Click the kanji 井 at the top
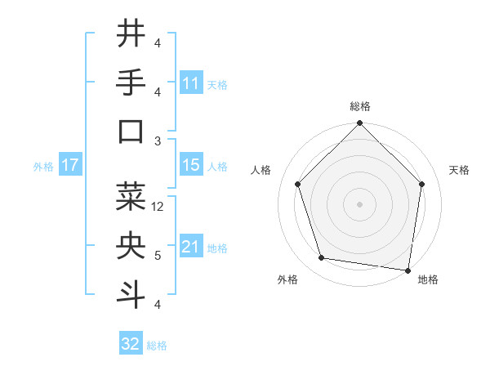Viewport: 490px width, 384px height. click(x=131, y=33)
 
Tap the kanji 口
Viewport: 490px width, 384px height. click(x=131, y=132)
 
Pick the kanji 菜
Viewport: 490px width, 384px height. click(x=131, y=196)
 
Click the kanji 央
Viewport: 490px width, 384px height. click(x=131, y=246)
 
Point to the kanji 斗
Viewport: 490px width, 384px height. click(x=131, y=295)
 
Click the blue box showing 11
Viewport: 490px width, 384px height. click(x=191, y=83)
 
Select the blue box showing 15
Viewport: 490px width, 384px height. click(x=191, y=165)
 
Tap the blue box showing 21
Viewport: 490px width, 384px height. click(x=191, y=247)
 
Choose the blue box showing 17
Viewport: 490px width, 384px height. click(x=70, y=165)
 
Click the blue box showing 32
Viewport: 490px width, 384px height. click(x=131, y=344)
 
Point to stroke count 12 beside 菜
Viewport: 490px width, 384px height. click(x=158, y=207)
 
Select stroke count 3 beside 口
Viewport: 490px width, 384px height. click(x=158, y=141)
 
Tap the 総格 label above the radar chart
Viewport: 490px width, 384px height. click(x=360, y=107)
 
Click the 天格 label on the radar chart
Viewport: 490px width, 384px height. click(x=460, y=170)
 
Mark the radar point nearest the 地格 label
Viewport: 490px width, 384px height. click(x=408, y=270)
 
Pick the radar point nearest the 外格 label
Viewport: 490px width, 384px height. click(x=322, y=258)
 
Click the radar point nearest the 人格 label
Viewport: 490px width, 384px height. click(x=298, y=184)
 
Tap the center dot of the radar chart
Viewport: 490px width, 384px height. click(x=360, y=203)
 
